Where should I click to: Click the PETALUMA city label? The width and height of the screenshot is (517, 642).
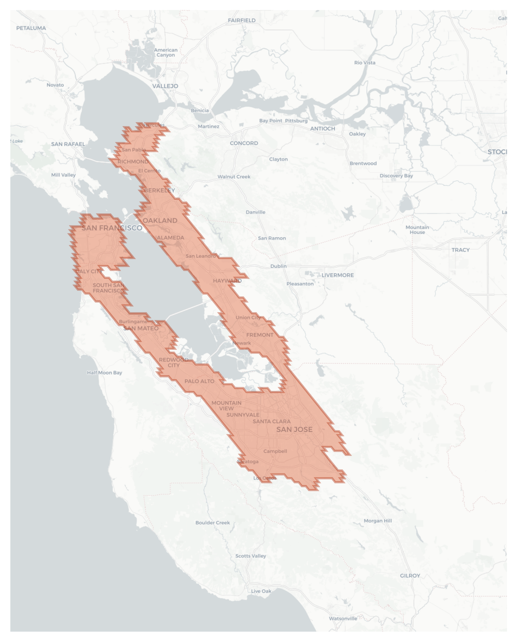[x=31, y=28]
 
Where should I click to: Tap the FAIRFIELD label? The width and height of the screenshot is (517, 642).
[x=242, y=20]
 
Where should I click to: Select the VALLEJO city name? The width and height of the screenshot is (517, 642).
[x=165, y=86]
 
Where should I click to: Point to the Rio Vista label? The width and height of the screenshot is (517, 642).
[x=365, y=63]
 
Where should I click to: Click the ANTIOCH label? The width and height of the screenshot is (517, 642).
[x=322, y=128]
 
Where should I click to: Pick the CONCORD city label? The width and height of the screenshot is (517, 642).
[x=244, y=143]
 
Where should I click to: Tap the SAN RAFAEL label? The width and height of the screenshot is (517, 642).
[x=68, y=144]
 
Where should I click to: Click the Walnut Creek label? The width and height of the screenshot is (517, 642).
[x=234, y=176]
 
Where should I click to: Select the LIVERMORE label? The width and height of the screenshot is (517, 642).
[x=338, y=275]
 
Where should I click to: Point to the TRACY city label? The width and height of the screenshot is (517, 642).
[x=460, y=250]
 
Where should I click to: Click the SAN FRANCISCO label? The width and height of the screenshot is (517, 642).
[x=112, y=228]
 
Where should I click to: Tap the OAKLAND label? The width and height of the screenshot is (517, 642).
[x=160, y=220]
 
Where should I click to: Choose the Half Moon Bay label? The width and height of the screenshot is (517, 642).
[x=104, y=372]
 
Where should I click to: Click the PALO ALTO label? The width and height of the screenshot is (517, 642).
[x=199, y=381]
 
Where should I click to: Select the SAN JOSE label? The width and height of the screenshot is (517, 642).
[x=294, y=429]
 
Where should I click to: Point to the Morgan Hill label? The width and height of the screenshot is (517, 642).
[x=378, y=520]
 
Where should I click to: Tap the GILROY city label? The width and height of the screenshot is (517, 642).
[x=410, y=575]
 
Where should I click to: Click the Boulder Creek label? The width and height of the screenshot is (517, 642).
[x=212, y=522]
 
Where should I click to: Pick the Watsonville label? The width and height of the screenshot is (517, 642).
[x=343, y=618]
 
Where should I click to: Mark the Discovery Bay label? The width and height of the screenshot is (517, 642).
[x=396, y=175]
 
